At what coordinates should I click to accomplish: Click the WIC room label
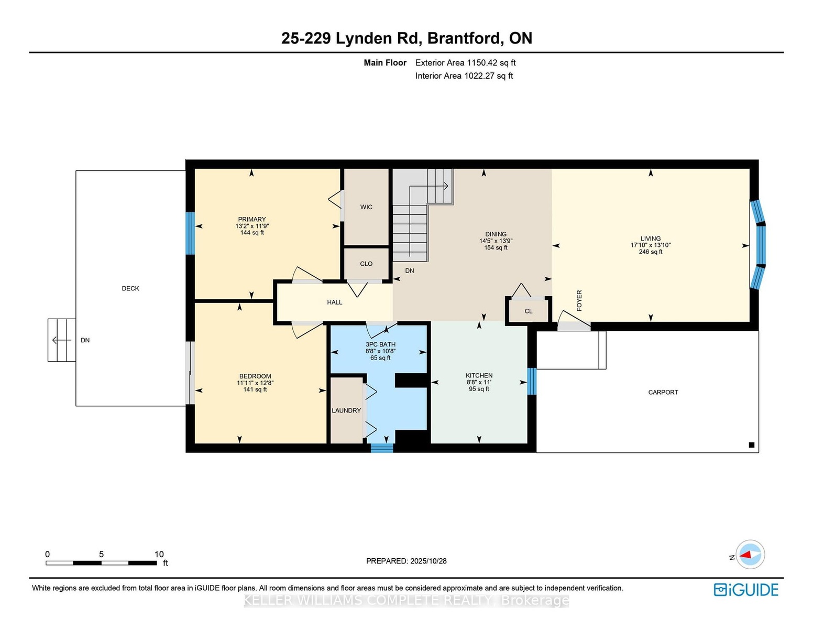pos(366,207)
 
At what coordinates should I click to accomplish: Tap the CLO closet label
pos(366,264)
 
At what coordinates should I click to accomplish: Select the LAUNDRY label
pos(346,410)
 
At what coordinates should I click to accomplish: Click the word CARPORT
pos(663,392)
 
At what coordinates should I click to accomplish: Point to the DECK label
pos(130,288)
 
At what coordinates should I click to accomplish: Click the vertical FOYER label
pos(579,300)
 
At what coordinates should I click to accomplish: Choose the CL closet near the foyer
pos(528,311)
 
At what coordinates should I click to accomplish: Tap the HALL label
pos(335,302)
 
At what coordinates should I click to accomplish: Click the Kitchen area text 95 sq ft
pos(479,389)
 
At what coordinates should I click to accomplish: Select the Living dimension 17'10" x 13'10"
pos(651,245)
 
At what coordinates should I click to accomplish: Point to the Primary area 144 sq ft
pos(252,233)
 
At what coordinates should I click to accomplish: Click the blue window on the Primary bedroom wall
pos(191,233)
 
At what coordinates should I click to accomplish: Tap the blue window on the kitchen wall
pos(532,381)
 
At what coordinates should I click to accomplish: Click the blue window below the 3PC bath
pos(382,448)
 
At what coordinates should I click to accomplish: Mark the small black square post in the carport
pos(751,445)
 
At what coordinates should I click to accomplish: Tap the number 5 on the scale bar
pos(101,554)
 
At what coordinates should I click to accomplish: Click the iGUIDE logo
pos(746,590)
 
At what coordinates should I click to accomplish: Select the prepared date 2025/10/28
pos(429,561)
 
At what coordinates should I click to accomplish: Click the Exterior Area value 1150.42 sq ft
pos(491,63)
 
